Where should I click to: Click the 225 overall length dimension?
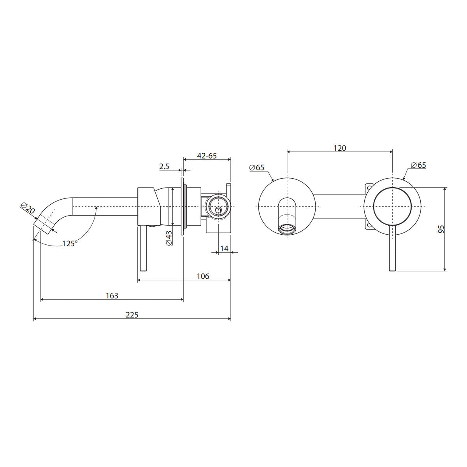click(132, 315)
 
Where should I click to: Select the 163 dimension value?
click(112, 296)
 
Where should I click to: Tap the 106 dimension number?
click(203, 276)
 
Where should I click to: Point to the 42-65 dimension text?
click(207, 156)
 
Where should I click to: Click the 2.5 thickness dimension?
click(164, 167)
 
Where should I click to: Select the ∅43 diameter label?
click(169, 238)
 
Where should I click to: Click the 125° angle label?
click(70, 243)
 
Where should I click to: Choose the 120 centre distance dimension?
click(340, 148)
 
